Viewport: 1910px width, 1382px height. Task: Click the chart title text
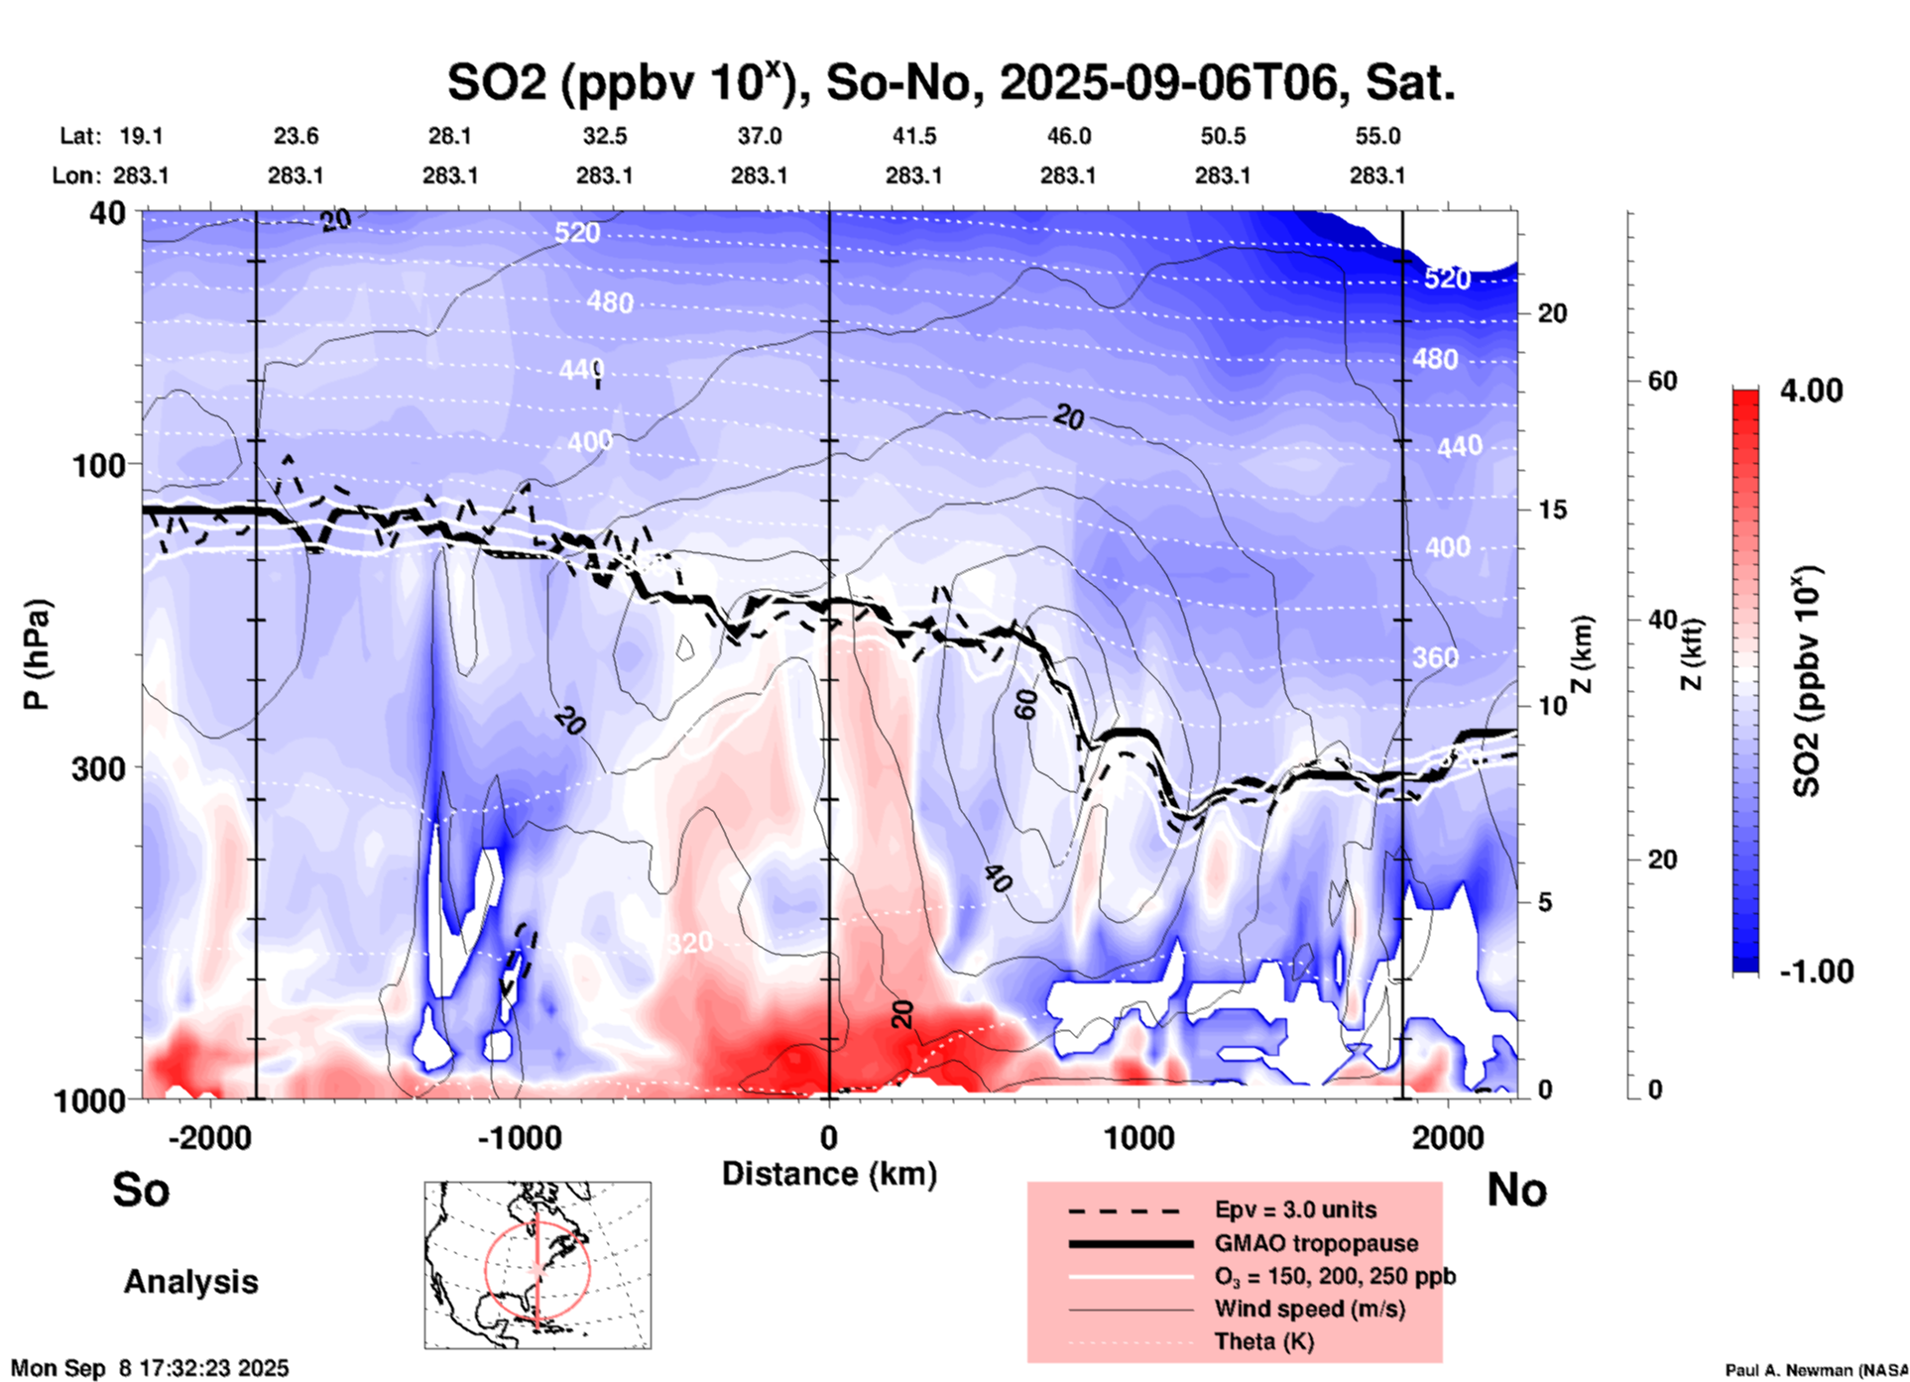point(950,83)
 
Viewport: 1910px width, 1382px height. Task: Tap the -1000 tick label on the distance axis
point(519,1138)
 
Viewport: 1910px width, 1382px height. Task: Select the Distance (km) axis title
point(829,1174)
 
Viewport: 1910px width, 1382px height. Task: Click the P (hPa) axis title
point(37,653)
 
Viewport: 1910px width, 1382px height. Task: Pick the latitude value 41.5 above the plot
point(913,136)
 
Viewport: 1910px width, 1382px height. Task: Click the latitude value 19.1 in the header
point(141,136)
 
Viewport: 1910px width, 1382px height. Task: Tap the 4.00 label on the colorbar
point(1811,391)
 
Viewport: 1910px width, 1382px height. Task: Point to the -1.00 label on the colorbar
point(1815,971)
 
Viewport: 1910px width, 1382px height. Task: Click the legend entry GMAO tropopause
point(1316,1243)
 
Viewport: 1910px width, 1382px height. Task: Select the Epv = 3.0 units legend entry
point(1295,1209)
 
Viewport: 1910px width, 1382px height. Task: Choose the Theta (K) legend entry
point(1263,1341)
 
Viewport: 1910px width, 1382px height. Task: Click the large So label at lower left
point(141,1190)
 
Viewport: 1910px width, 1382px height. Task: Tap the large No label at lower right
point(1516,1190)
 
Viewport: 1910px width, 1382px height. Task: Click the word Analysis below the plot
point(190,1282)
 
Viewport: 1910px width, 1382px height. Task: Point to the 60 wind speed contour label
point(1025,705)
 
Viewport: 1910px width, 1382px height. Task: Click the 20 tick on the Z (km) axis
point(1552,314)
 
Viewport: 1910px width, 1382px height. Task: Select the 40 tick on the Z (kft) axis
point(1662,621)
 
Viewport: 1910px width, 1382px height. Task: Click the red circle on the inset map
point(486,1269)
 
